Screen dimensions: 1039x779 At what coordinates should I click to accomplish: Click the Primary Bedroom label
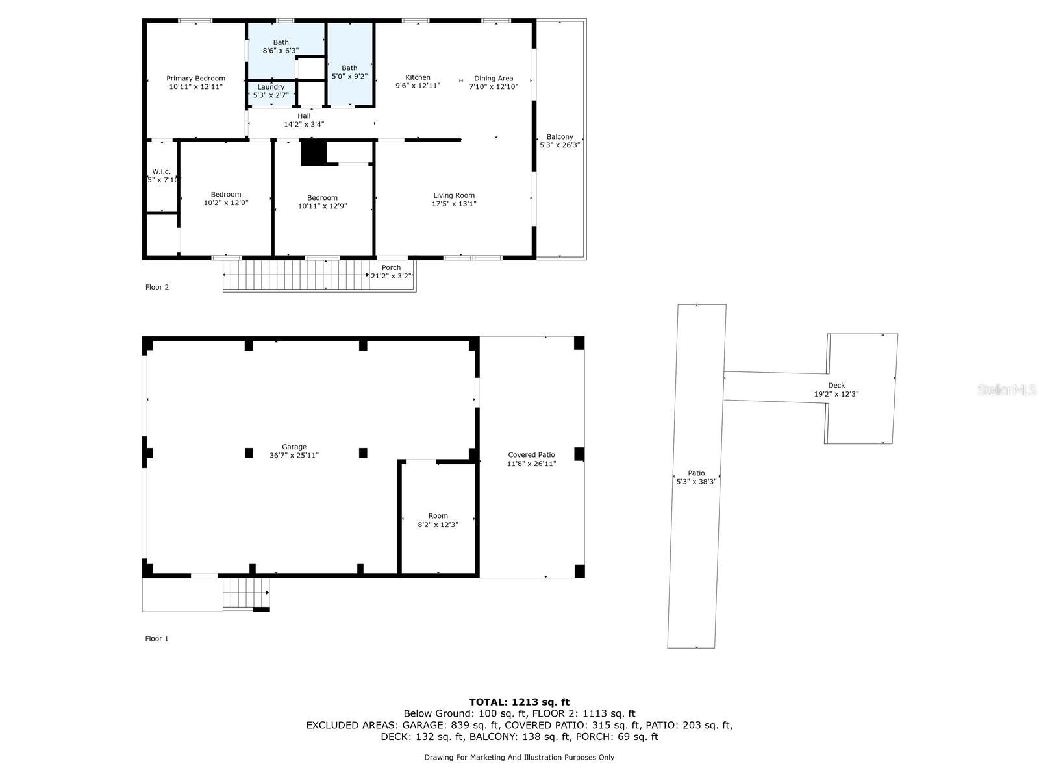[x=195, y=79]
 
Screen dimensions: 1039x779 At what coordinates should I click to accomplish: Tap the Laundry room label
[x=271, y=87]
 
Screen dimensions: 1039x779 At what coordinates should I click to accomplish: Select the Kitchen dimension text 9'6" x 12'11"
[x=418, y=86]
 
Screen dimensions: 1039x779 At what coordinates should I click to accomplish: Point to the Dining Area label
[x=494, y=79]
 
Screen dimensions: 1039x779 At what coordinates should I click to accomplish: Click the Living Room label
[x=453, y=195]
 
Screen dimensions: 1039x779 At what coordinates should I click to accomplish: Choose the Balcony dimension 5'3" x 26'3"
[x=560, y=145]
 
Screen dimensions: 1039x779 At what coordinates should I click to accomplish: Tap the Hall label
[x=304, y=116]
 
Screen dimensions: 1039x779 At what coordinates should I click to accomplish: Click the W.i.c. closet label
[x=162, y=171]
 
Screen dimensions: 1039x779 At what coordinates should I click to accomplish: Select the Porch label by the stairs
[x=391, y=267]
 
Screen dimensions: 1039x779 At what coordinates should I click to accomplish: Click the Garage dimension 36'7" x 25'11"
[x=294, y=455]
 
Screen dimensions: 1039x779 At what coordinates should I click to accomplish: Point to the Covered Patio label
[x=531, y=455]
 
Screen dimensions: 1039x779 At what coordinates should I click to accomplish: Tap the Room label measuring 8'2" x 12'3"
[x=438, y=515]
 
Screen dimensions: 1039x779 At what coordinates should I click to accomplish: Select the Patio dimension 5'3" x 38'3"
[x=696, y=482]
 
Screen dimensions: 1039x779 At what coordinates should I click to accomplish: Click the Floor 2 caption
[x=156, y=287]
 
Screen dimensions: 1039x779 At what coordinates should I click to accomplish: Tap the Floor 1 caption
[x=156, y=639]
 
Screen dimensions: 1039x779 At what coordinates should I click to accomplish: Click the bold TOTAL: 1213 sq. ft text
[x=519, y=702]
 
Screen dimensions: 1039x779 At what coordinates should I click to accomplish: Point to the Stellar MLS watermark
[x=1007, y=389]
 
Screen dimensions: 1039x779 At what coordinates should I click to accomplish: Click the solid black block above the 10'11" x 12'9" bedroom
[x=314, y=153]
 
